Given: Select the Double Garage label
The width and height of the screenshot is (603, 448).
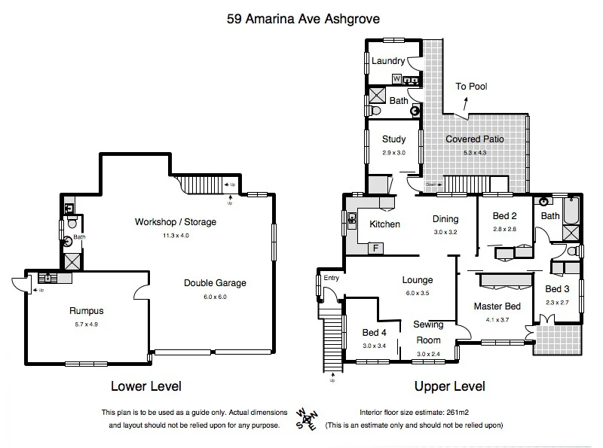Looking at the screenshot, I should tap(215, 283).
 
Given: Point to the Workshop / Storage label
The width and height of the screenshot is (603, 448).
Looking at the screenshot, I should tap(175, 222).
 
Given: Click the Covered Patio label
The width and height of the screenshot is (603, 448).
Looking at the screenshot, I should tap(474, 139).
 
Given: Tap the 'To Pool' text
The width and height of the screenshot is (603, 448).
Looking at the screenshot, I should tap(471, 87).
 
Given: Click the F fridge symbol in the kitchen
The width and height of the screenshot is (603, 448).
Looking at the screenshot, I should tap(375, 247).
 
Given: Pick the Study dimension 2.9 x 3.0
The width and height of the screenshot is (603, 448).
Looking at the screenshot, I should tap(393, 153).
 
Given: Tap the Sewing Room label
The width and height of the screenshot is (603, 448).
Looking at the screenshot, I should tap(427, 333).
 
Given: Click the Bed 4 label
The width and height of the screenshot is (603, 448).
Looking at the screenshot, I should tap(374, 333).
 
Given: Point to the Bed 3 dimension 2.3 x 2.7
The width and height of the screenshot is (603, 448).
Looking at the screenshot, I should tap(558, 302).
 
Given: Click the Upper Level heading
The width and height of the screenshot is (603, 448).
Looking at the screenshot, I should tap(449, 387).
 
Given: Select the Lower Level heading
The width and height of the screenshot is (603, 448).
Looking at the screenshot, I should tap(146, 387).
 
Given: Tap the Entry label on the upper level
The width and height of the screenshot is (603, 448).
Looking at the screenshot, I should tap(332, 279).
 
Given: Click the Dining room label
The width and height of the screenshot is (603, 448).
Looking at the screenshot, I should tap(446, 220).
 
